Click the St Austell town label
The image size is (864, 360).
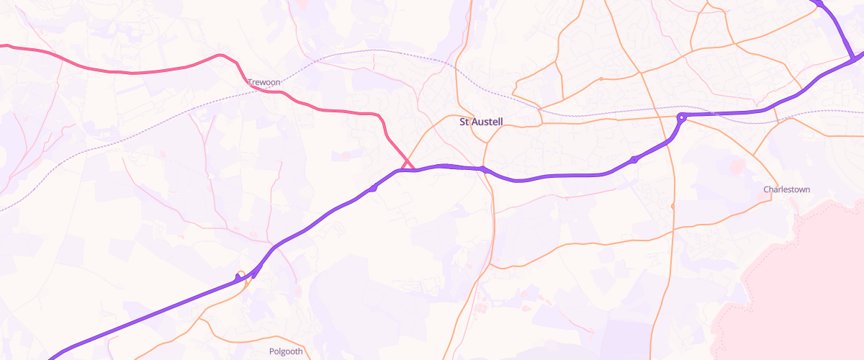[480, 122]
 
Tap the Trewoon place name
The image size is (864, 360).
[264, 83]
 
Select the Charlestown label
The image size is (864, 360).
[786, 189]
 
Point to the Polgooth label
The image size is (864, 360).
[286, 351]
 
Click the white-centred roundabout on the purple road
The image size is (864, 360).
[680, 117]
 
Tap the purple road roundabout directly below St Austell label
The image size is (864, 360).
[484, 170]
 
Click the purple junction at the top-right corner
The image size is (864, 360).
[854, 58]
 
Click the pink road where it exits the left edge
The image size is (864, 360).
[2, 46]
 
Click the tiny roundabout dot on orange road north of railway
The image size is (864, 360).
[601, 78]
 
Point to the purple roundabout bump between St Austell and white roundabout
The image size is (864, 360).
[634, 160]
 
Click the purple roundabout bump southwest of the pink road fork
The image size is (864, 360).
[373, 188]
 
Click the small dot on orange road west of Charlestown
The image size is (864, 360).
[672, 207]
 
